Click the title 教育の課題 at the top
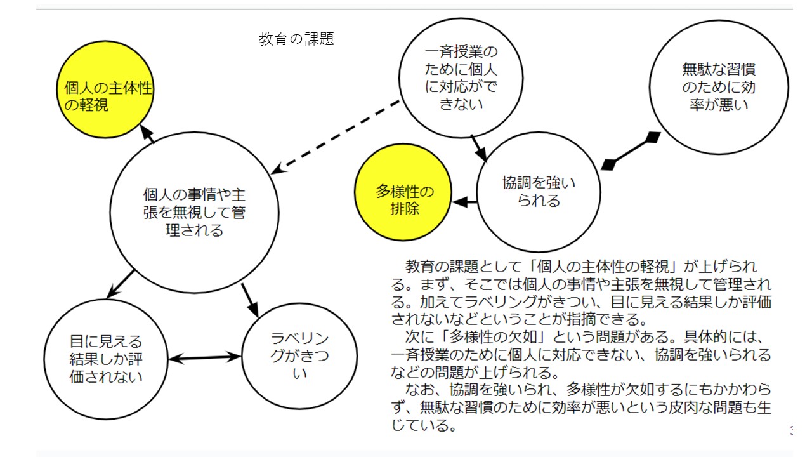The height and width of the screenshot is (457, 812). click(x=296, y=39)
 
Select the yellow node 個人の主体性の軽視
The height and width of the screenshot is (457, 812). click(x=108, y=96)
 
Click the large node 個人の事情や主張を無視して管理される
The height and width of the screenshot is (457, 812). click(x=194, y=212)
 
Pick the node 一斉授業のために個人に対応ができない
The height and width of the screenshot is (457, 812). click(x=461, y=77)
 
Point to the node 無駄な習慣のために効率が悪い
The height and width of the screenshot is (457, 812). click(x=719, y=86)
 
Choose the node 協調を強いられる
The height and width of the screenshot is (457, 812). click(x=539, y=192)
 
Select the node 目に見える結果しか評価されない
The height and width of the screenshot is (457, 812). click(x=106, y=359)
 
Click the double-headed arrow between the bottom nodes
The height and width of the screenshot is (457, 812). click(x=206, y=358)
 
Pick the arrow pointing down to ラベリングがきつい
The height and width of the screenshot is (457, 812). click(x=251, y=300)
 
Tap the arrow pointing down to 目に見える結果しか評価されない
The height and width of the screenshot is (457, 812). click(x=121, y=284)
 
